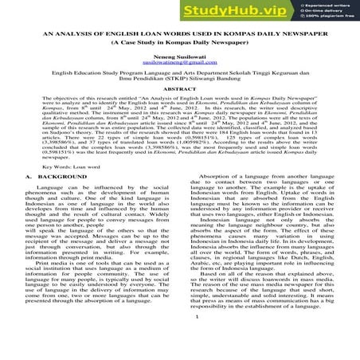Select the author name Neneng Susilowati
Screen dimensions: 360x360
179,81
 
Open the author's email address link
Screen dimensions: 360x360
179,88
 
